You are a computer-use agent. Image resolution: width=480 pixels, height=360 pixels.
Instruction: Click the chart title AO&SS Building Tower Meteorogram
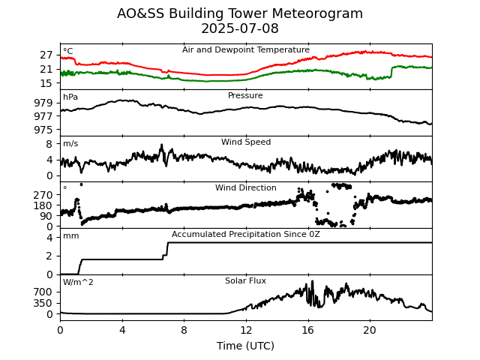[240, 13]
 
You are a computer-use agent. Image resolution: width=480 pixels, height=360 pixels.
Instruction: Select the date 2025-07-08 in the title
[240, 29]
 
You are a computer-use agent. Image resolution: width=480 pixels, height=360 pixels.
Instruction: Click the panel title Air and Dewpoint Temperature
[246, 50]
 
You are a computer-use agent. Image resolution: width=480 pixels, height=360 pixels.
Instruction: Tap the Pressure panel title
[245, 96]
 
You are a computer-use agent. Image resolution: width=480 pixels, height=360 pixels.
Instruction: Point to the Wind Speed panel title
[246, 142]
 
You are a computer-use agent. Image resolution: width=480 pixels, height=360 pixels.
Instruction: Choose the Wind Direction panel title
[246, 188]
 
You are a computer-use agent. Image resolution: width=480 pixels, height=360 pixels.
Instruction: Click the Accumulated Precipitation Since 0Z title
[246, 235]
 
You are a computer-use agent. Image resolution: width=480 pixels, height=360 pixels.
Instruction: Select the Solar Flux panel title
[245, 281]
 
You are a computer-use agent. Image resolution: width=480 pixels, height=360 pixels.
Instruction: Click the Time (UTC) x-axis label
[246, 346]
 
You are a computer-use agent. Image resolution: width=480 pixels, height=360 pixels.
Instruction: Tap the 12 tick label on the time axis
[246, 330]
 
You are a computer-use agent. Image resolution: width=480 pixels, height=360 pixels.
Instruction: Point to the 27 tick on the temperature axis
[47, 55]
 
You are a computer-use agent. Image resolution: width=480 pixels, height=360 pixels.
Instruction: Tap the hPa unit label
[70, 97]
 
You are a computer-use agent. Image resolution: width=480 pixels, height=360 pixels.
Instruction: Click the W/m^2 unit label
[78, 283]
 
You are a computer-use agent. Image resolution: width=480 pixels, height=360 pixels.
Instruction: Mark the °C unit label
[68, 52]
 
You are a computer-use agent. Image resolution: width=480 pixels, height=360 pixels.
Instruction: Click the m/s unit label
[70, 144]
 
